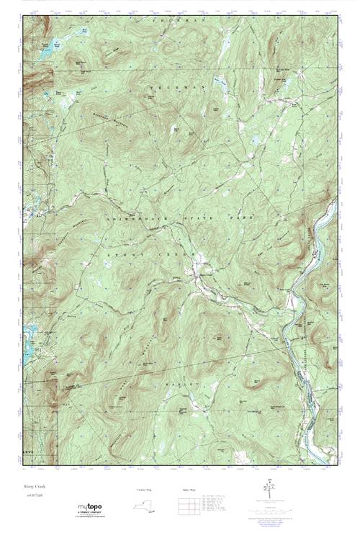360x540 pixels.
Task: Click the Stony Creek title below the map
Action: tap(35, 487)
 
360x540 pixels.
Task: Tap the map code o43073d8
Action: tap(35, 495)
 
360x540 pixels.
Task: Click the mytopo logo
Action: tap(90, 508)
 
